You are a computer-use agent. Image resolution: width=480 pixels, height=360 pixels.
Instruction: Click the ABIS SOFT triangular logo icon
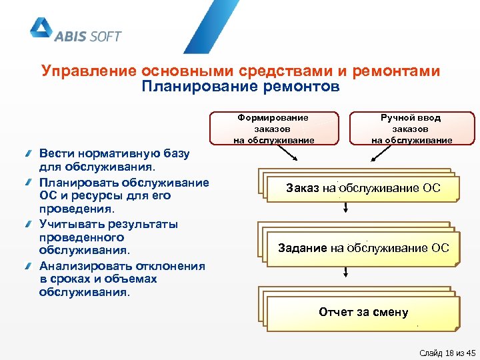pos(41,28)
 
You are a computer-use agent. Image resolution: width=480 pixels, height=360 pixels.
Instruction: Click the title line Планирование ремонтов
pos(240,87)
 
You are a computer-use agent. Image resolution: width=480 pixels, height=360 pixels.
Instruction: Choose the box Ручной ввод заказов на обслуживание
pos(411,129)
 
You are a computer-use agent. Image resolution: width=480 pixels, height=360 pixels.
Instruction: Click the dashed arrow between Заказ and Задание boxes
pos(346,209)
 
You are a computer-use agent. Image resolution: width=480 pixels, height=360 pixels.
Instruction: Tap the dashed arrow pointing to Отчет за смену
pos(346,272)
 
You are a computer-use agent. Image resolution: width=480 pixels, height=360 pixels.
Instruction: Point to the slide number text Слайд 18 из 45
pos(447,353)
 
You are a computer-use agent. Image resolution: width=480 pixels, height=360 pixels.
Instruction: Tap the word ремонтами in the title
pos(398,71)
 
